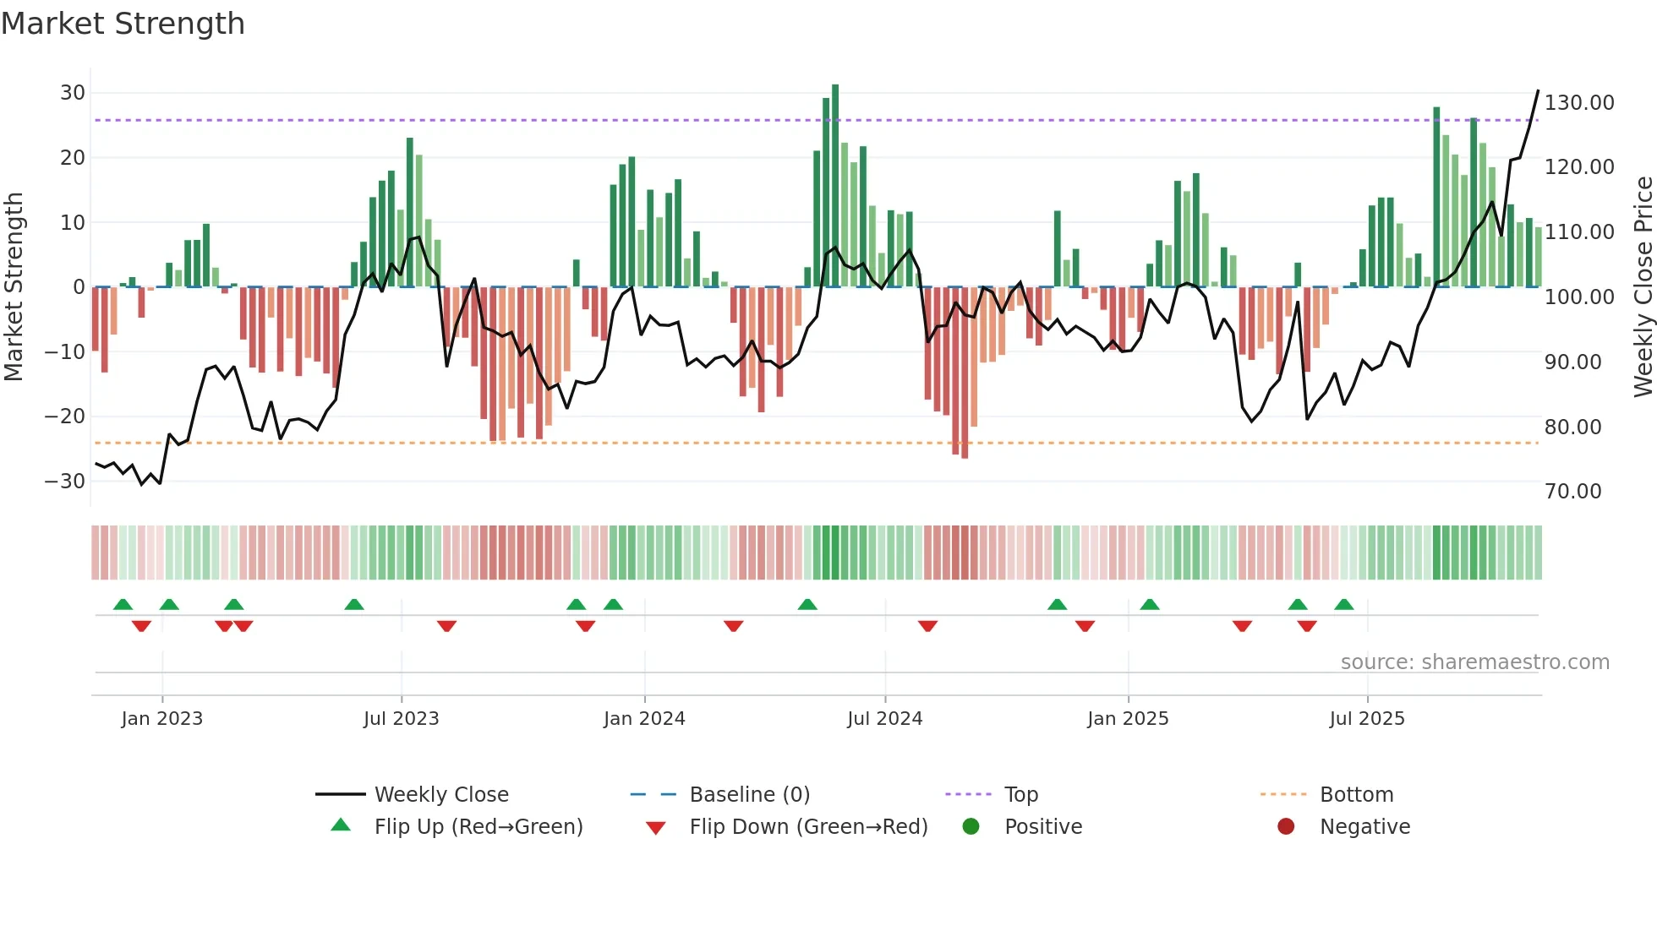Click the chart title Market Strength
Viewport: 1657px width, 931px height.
123,24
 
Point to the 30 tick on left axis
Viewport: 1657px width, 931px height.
73,93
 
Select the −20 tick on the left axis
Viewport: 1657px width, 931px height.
65,416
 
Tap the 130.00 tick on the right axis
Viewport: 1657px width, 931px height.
1578,103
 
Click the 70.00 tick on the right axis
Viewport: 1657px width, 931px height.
1572,492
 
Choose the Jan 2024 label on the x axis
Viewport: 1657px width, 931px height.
644,719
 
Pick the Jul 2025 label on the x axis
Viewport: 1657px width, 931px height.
1367,719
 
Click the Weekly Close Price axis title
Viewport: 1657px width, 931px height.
1643,286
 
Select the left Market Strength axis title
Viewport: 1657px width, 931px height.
14,286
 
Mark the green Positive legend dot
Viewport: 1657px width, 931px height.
971,826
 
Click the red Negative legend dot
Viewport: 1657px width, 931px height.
1286,826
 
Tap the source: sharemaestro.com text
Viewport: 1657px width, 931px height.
1474,662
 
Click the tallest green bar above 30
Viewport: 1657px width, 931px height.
835,186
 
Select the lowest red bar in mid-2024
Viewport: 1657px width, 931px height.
965,372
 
